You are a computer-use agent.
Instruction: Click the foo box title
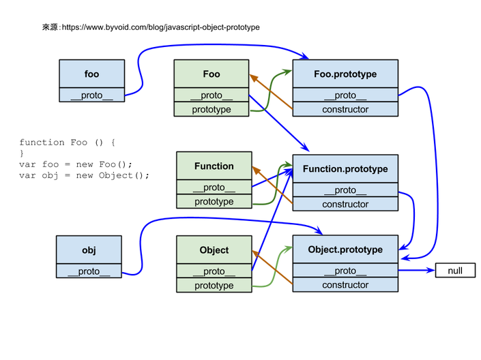tap(91, 74)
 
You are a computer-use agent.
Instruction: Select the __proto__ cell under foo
tap(91, 95)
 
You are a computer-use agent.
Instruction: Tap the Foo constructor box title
tap(212, 74)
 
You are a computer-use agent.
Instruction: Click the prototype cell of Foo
tap(212, 109)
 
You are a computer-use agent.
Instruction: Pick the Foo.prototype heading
tap(345, 74)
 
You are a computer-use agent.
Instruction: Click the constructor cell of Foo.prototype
tap(345, 109)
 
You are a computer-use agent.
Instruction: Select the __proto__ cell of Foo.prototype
tap(345, 95)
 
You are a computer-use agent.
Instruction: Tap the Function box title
tap(214, 166)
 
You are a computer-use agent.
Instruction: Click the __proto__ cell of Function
tap(214, 187)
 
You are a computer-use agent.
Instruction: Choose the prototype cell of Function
tap(214, 202)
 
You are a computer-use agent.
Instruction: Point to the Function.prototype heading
tap(345, 168)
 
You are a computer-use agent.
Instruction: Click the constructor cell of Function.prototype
tap(345, 204)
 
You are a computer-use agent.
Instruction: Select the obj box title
tap(89, 250)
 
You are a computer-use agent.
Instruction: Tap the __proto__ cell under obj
tap(89, 271)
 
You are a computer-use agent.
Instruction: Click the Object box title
tap(214, 250)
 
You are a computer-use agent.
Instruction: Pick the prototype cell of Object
tap(214, 286)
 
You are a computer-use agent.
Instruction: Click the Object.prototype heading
tap(345, 250)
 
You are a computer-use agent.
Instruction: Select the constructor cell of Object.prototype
tap(345, 285)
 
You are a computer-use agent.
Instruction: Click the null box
tap(455, 271)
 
